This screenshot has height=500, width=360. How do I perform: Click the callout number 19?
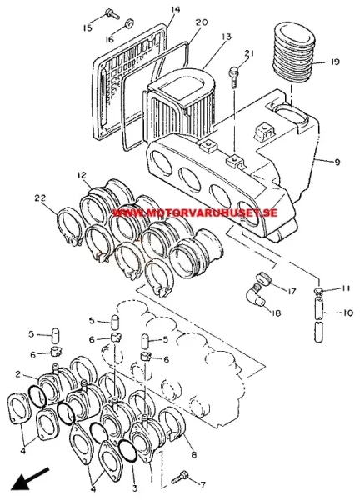(x=334, y=62)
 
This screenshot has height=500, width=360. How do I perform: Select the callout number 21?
(x=249, y=53)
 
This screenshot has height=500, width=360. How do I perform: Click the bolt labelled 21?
(x=233, y=76)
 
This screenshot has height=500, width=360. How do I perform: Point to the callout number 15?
(x=87, y=27)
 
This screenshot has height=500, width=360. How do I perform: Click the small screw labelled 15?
(x=112, y=13)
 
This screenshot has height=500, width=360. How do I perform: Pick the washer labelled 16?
(x=129, y=24)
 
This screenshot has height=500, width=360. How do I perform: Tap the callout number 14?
(x=175, y=9)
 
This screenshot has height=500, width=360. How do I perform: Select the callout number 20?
(x=202, y=22)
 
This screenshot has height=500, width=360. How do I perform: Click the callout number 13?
(x=226, y=37)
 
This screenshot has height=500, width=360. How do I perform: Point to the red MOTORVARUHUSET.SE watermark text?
(x=195, y=212)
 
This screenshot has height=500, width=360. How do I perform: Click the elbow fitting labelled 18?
(x=255, y=294)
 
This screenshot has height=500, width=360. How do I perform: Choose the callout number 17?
(x=292, y=291)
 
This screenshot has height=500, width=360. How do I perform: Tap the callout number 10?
(x=348, y=312)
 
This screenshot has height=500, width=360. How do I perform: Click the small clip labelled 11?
(x=319, y=290)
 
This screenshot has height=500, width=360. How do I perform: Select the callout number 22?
(x=41, y=198)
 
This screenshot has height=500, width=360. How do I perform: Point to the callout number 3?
(x=134, y=487)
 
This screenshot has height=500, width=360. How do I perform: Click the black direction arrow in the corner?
(x=30, y=479)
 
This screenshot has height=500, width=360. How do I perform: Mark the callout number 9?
(x=337, y=162)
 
